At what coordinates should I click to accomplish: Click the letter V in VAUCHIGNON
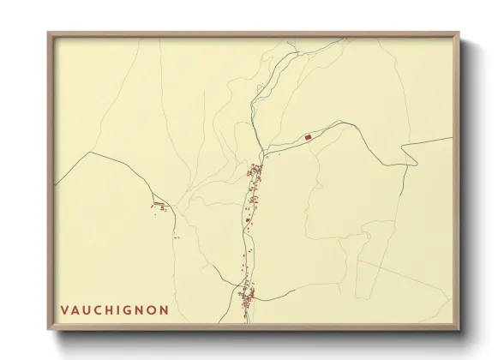(64, 309)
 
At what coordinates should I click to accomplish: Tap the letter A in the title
(76, 309)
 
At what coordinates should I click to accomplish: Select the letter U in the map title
(88, 309)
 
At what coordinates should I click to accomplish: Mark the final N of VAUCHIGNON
(164, 309)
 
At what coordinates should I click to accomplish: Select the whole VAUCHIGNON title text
(114, 309)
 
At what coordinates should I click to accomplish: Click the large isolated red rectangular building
(308, 136)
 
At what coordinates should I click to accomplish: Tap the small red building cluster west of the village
(159, 205)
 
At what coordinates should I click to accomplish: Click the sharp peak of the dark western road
(88, 153)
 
